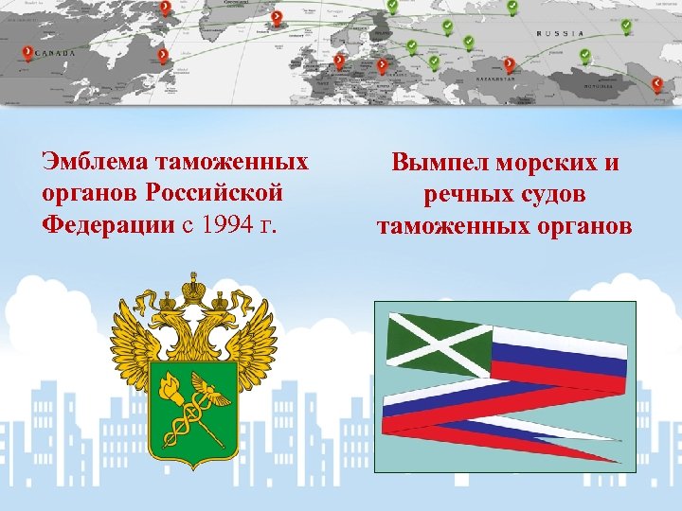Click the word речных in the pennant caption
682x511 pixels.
coord(462,195)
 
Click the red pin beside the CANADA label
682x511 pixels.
coord(27,51)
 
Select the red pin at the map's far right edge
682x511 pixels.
coord(657,83)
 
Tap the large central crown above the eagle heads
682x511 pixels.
coord(194,285)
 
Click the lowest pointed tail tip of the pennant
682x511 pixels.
coord(620,461)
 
